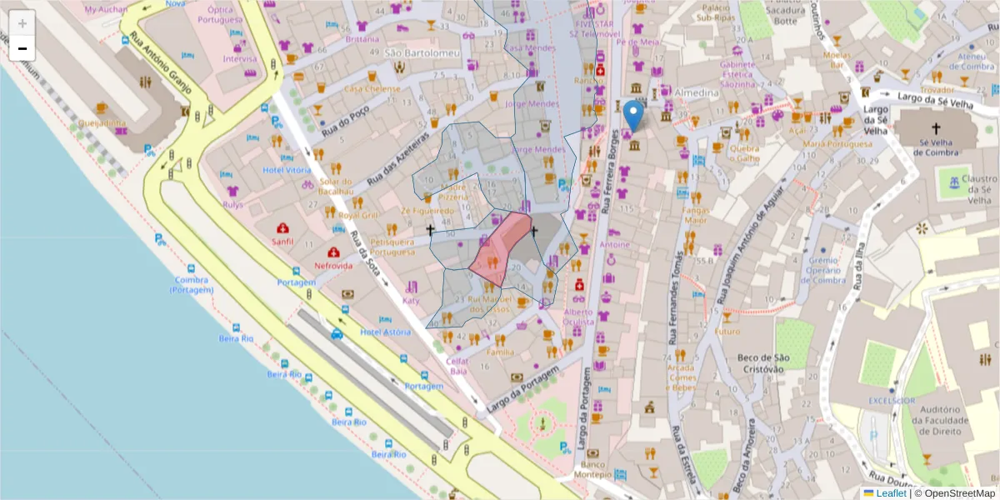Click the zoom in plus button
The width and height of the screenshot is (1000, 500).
[x=22, y=22]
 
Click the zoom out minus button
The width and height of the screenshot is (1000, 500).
[x=22, y=48]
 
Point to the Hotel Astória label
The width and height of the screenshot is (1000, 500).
[x=385, y=332]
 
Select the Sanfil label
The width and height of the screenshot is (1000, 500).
[x=282, y=242]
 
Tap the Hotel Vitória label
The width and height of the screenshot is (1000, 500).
[x=286, y=169]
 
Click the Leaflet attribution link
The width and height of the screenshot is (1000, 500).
[x=892, y=493]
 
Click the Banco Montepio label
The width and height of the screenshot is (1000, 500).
[x=593, y=469]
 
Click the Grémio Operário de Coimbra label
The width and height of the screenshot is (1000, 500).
[x=824, y=270]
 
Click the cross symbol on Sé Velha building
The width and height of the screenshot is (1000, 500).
[x=936, y=128]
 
